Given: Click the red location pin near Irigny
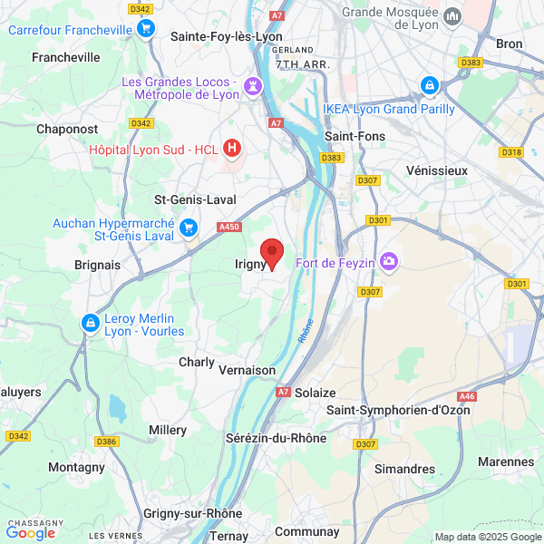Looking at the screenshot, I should point(272,253).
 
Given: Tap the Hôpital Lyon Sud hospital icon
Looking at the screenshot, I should point(233,146).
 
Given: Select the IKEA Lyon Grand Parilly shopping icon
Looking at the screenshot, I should point(429,86).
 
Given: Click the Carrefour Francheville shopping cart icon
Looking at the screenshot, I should point(145,29).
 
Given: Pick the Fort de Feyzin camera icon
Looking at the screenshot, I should point(390,261).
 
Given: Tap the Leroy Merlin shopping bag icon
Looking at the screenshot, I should point(90,323).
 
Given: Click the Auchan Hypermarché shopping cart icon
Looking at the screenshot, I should point(189,227).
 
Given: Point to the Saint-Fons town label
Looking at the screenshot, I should point(356,136).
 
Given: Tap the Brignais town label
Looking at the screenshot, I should point(98,265).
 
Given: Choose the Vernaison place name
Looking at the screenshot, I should point(248,370).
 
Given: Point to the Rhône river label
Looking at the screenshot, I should point(306,330).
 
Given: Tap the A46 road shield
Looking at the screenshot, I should point(467,396).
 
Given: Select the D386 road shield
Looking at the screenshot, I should point(107,442).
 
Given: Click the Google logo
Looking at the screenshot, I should point(30,533).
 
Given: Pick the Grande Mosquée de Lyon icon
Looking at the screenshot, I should point(451,15).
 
